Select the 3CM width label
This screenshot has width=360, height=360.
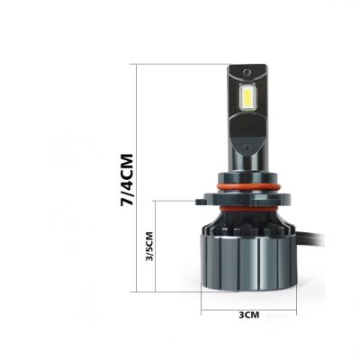(248, 315)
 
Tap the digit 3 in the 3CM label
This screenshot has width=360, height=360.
(240, 315)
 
